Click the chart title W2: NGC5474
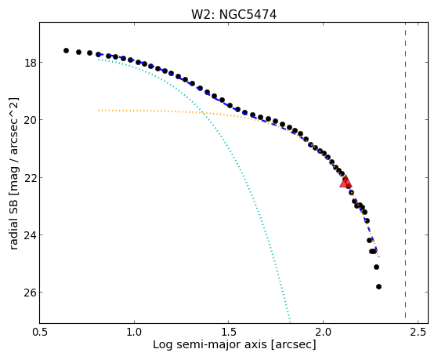233,14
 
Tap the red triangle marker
346,181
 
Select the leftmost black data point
66,51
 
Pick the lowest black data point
378,287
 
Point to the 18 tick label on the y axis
31,63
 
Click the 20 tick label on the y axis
31,120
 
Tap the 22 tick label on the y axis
31,177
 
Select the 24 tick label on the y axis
31,235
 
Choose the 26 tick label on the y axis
31,293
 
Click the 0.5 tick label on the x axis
40,332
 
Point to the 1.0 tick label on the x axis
134,332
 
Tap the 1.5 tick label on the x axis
229,332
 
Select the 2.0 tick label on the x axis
323,332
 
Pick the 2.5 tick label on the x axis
418,332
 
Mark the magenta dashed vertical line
405,173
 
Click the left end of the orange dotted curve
99,111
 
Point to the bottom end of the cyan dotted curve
290,322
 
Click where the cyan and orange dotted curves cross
204,112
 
